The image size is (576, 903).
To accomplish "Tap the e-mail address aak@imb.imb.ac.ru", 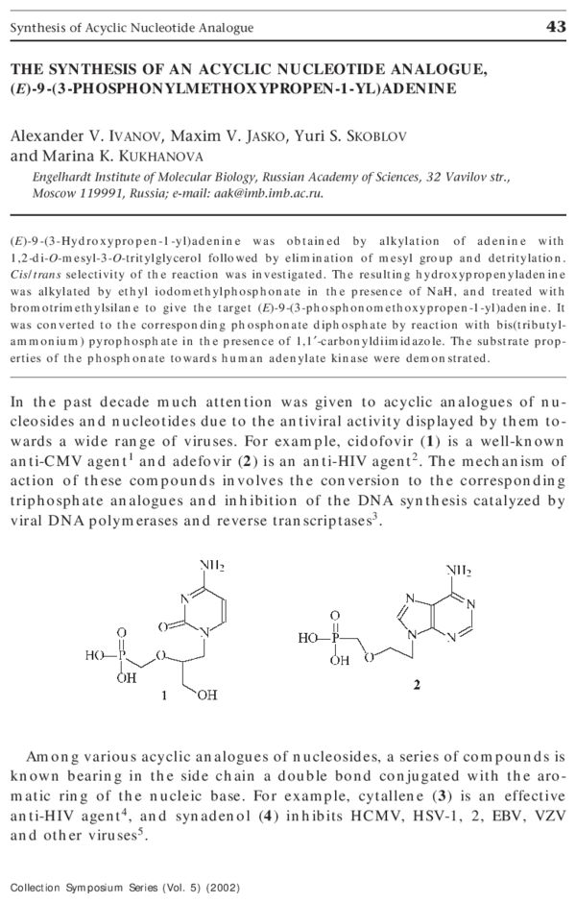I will [x=276, y=192].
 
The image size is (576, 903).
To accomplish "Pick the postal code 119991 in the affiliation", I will [x=100, y=192].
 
